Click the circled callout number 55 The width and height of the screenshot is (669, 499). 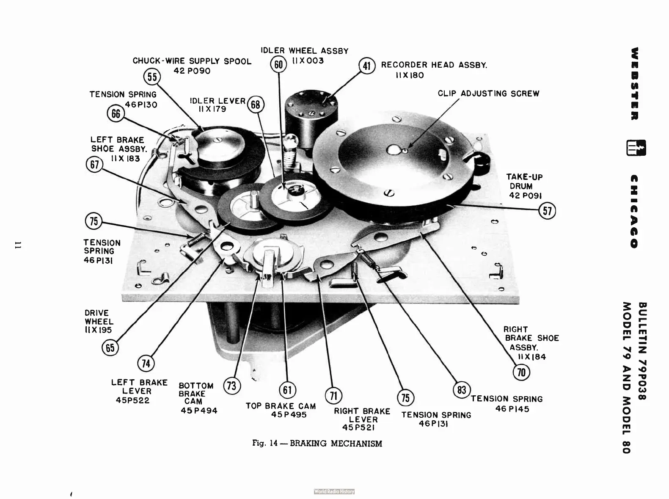coord(152,77)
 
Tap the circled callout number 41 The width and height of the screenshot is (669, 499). coord(367,66)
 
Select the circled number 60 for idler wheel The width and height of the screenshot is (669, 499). coord(278,64)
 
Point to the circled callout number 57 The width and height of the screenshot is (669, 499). coord(547,210)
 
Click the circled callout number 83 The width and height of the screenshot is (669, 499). coord(462,390)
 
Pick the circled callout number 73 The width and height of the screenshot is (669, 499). coord(231,386)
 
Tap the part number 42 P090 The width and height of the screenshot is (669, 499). coord(192,71)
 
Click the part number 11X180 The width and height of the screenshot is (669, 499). coord(410,75)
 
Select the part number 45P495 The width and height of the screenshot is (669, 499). coord(289,415)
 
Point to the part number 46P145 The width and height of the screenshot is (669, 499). coord(512,409)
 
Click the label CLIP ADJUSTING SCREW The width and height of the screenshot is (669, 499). coord(488,94)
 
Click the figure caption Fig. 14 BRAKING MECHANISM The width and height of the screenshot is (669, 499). coord(317,444)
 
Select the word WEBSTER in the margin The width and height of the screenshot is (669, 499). coord(635,83)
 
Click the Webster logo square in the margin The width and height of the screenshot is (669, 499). coord(636,148)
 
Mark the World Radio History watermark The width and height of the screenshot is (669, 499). coord(334,491)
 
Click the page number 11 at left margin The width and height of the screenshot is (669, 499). coord(18,245)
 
